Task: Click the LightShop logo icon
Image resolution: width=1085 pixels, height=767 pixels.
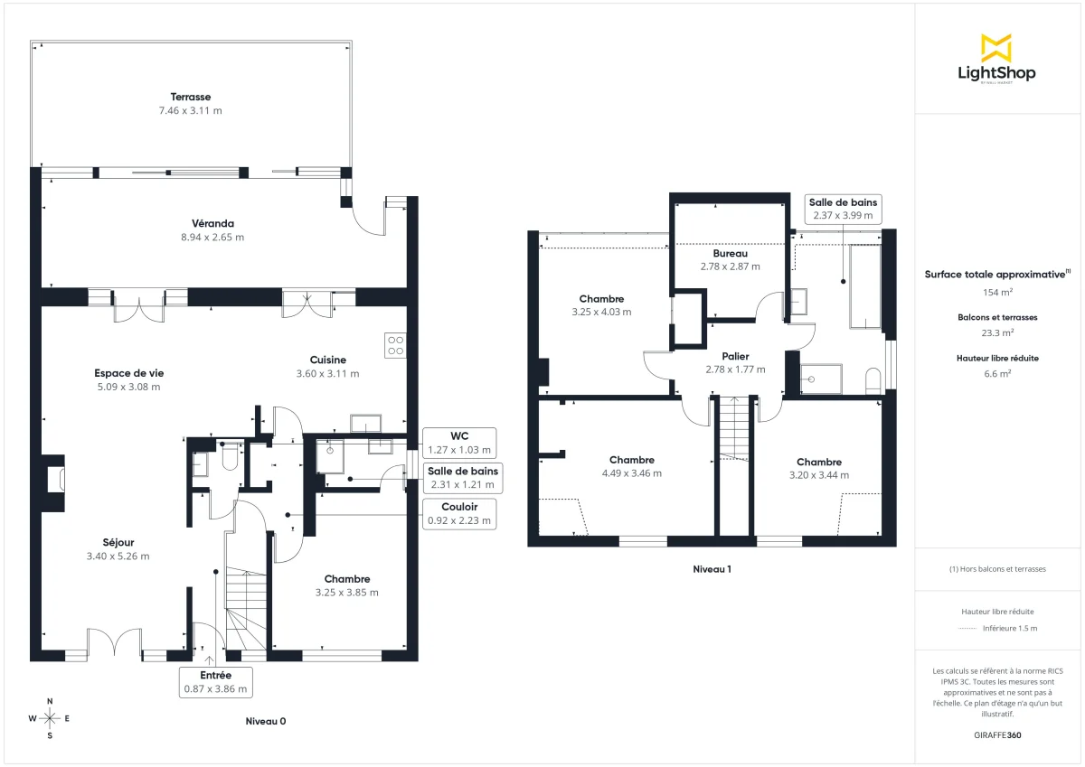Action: pos(996,48)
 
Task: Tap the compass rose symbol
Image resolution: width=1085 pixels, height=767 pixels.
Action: pos(50,718)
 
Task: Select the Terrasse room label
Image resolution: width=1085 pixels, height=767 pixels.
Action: pos(191,97)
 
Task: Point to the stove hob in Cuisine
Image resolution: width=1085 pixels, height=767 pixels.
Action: pos(395,344)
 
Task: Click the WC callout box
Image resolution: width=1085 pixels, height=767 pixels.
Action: pos(458,443)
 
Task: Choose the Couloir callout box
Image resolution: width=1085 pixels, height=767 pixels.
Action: pos(459,513)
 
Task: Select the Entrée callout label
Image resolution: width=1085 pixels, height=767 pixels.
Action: pos(214,681)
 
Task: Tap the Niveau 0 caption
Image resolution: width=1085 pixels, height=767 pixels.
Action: pos(266,721)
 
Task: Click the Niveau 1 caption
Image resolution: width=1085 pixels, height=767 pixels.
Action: pos(712,569)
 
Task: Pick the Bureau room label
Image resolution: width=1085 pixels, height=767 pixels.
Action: pos(730,254)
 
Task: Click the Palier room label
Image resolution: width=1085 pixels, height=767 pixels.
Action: pos(735,356)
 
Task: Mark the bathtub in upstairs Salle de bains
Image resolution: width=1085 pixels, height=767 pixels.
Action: pos(864,286)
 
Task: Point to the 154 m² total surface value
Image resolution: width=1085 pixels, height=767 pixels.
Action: pos(997,293)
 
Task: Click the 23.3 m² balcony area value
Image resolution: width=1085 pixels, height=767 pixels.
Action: pos(997,332)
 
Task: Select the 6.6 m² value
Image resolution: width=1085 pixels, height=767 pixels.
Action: pos(997,372)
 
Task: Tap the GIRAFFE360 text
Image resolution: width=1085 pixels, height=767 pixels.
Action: pos(997,735)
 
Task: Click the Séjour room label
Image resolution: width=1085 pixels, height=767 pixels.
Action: pos(118,542)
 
